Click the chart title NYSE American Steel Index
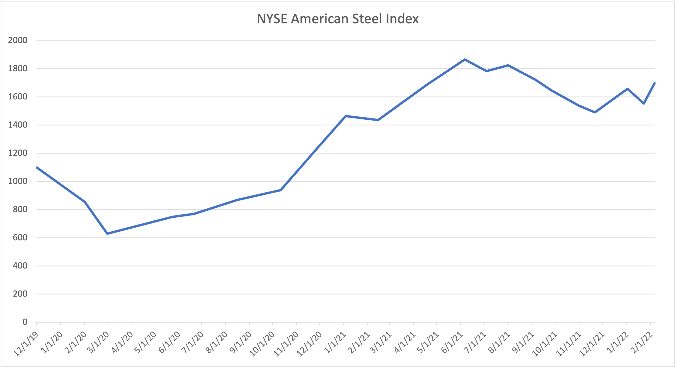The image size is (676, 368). [337, 19]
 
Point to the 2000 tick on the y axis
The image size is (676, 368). [17, 40]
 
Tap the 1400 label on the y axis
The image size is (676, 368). [17, 125]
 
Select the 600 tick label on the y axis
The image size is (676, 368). [20, 237]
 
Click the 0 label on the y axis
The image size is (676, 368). [25, 322]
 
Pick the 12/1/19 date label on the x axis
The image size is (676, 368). [26, 344]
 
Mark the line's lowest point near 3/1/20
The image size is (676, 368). [107, 233]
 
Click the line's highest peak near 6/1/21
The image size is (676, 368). [465, 60]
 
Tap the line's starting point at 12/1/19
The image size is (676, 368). [37, 167]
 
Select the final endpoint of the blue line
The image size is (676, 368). [655, 83]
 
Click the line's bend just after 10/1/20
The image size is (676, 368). [281, 190]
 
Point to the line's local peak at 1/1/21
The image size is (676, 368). [346, 116]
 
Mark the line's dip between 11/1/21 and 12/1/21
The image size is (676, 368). [595, 112]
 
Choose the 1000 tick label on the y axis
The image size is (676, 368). [17, 181]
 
